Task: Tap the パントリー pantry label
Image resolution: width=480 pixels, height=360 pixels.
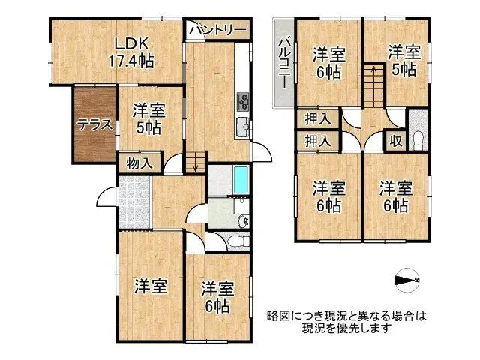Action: [x=217, y=30]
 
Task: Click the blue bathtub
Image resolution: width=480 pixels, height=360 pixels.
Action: [x=241, y=181]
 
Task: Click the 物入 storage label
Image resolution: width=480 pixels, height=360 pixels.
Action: [x=139, y=163]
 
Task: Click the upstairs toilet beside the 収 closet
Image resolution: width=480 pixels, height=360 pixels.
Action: [x=418, y=139]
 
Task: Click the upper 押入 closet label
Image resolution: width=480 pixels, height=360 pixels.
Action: [x=317, y=118]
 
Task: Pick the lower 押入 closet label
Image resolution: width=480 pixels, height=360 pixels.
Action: [x=317, y=140]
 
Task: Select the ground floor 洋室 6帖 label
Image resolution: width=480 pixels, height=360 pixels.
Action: [x=216, y=297]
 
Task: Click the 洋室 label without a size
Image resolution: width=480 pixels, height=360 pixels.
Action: [x=150, y=286]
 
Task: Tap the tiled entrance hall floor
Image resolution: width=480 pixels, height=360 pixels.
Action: [x=135, y=202]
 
